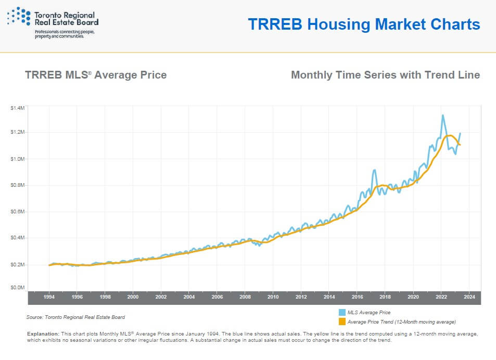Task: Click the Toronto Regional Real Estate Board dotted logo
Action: (19, 16)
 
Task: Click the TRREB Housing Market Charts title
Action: (364, 24)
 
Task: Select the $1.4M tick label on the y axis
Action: (17, 108)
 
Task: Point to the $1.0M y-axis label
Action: (17, 159)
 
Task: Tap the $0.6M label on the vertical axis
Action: (17, 211)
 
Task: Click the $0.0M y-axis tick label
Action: (17, 287)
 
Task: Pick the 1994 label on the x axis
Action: (49, 297)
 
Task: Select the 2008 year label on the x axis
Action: (245, 297)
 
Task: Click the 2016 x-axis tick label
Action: (358, 297)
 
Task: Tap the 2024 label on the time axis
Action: (469, 297)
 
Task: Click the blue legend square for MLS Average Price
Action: (342, 312)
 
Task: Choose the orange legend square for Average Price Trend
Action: (342, 322)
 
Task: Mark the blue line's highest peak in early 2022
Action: (442, 115)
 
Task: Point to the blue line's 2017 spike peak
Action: (375, 170)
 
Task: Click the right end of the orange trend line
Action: (460, 145)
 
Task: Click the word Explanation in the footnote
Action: (43, 334)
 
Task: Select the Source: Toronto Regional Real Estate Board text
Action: (75, 317)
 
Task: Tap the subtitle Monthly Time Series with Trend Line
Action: (385, 75)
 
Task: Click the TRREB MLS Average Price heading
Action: (96, 75)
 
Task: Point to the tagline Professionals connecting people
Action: (65, 32)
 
